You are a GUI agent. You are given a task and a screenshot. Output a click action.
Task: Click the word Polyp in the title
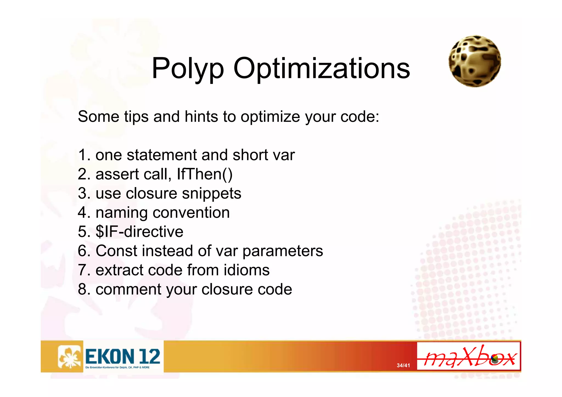[x=188, y=69]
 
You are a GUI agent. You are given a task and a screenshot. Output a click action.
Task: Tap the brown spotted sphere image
[x=475, y=61]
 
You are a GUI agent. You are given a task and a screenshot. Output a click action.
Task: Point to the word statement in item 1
[x=162, y=155]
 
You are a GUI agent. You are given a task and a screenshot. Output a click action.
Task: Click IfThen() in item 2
[x=204, y=174]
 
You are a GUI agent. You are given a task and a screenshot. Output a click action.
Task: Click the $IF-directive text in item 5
[x=139, y=232]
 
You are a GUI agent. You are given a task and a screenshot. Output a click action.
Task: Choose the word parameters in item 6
[x=283, y=251]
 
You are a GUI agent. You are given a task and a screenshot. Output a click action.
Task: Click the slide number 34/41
[x=403, y=365]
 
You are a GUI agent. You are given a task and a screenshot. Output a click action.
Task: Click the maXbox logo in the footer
[x=469, y=356]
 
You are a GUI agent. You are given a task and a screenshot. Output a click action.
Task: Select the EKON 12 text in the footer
[x=123, y=356]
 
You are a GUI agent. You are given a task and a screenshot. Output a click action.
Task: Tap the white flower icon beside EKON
[x=70, y=356]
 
